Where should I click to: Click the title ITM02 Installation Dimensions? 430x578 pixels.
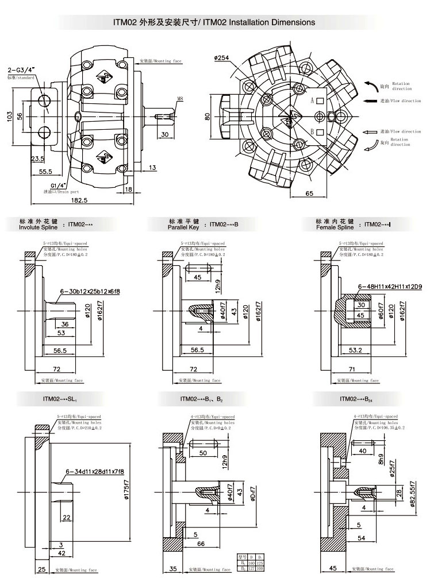(215, 22)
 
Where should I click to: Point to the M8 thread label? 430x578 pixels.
(180, 99)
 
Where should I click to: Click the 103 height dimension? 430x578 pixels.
(9, 116)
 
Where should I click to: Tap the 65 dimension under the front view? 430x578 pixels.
(309, 193)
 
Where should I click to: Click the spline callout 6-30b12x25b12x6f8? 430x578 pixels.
(90, 292)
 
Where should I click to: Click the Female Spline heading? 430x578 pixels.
(333, 224)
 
